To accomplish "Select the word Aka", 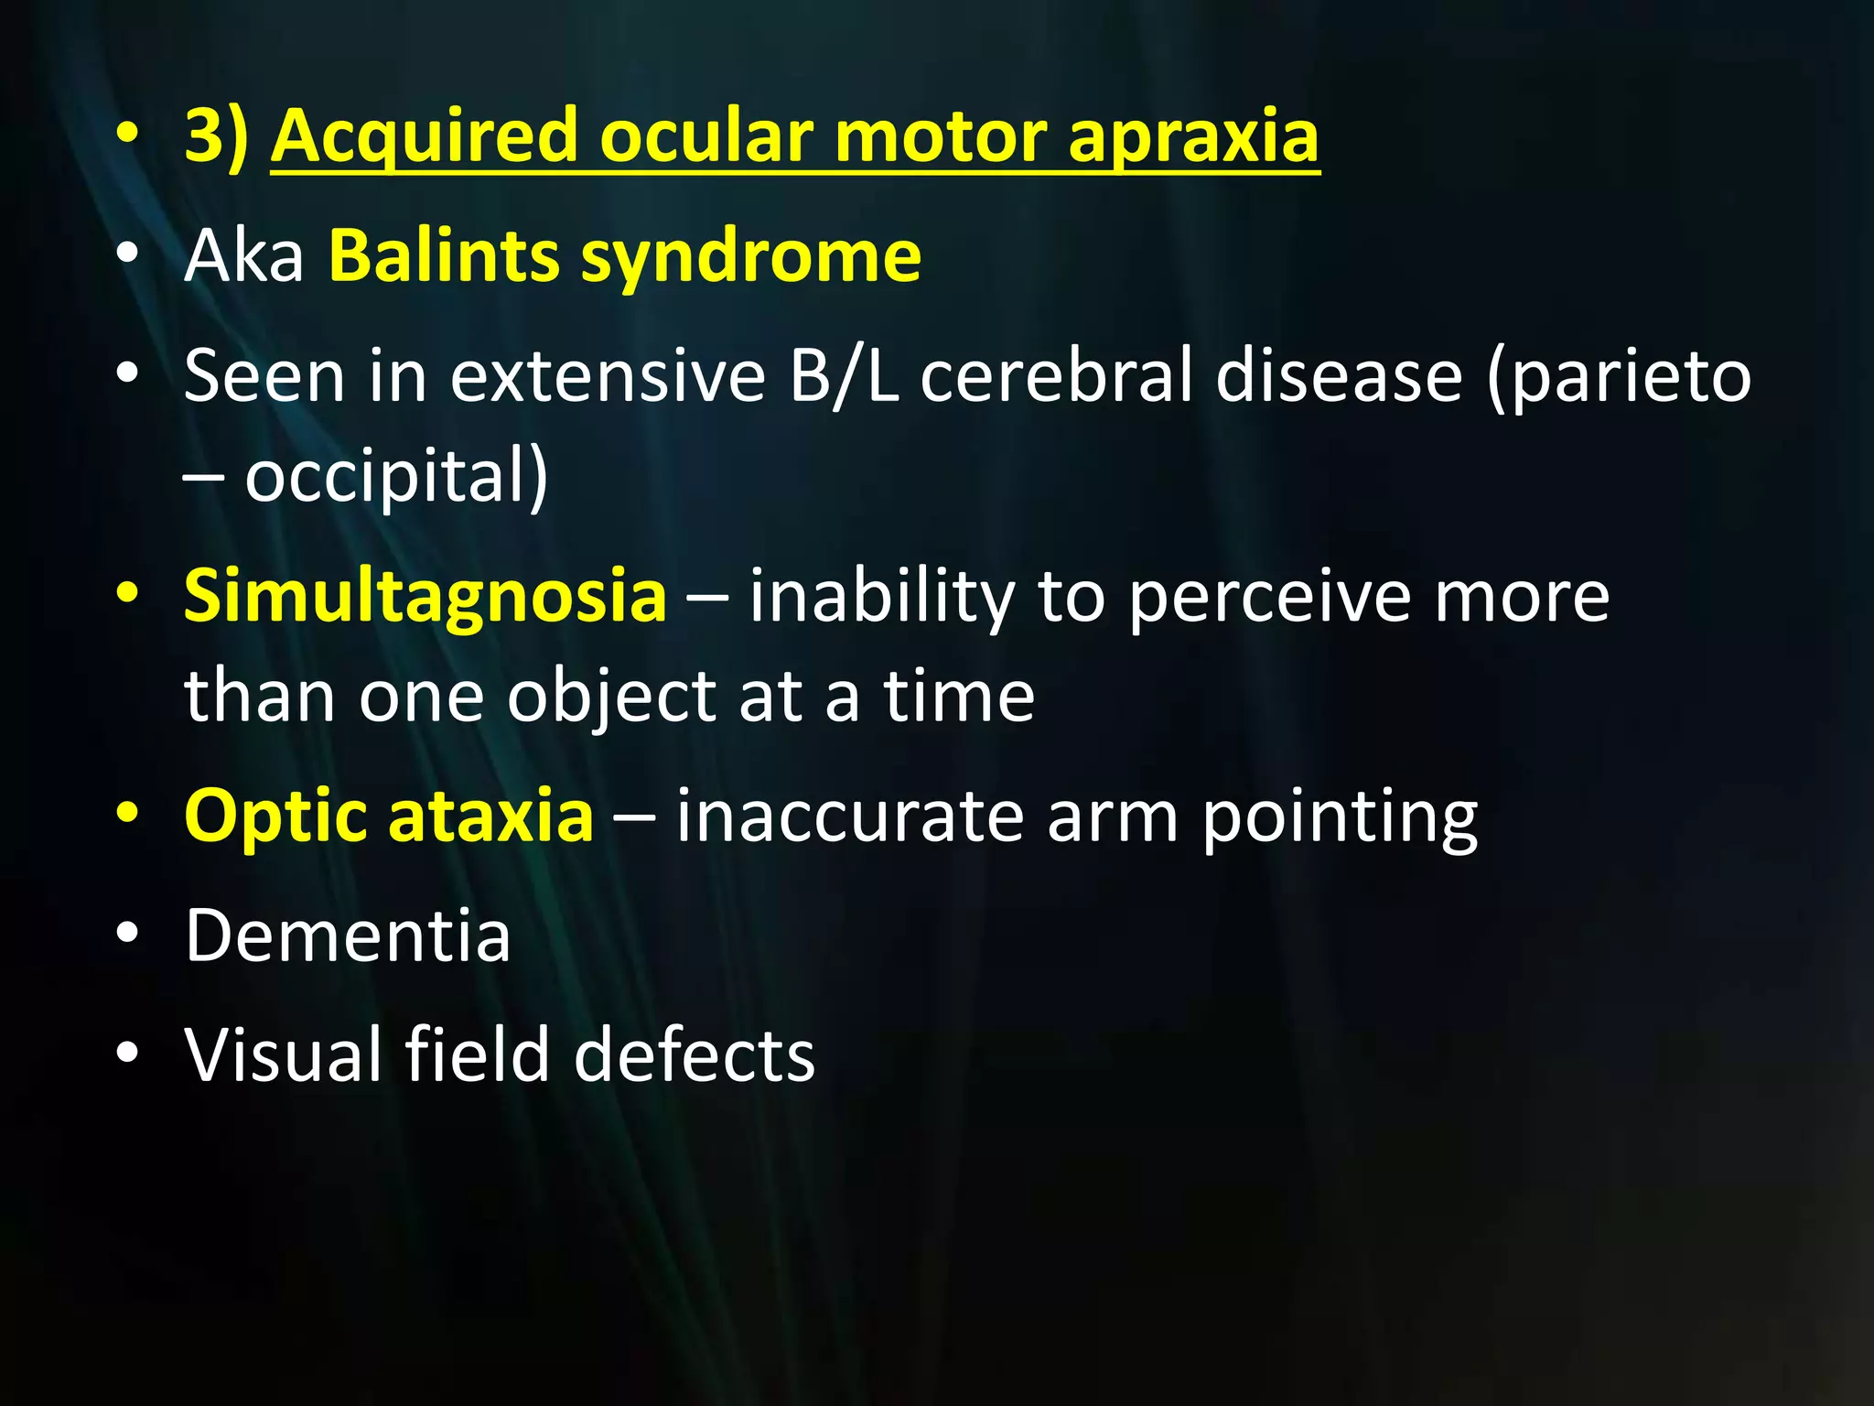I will click(243, 256).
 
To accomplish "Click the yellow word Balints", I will click(444, 256).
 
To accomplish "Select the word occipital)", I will click(396, 476).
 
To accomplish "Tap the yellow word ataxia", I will click(490, 815).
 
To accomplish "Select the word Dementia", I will click(348, 936).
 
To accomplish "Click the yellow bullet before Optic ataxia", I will click(128, 813).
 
